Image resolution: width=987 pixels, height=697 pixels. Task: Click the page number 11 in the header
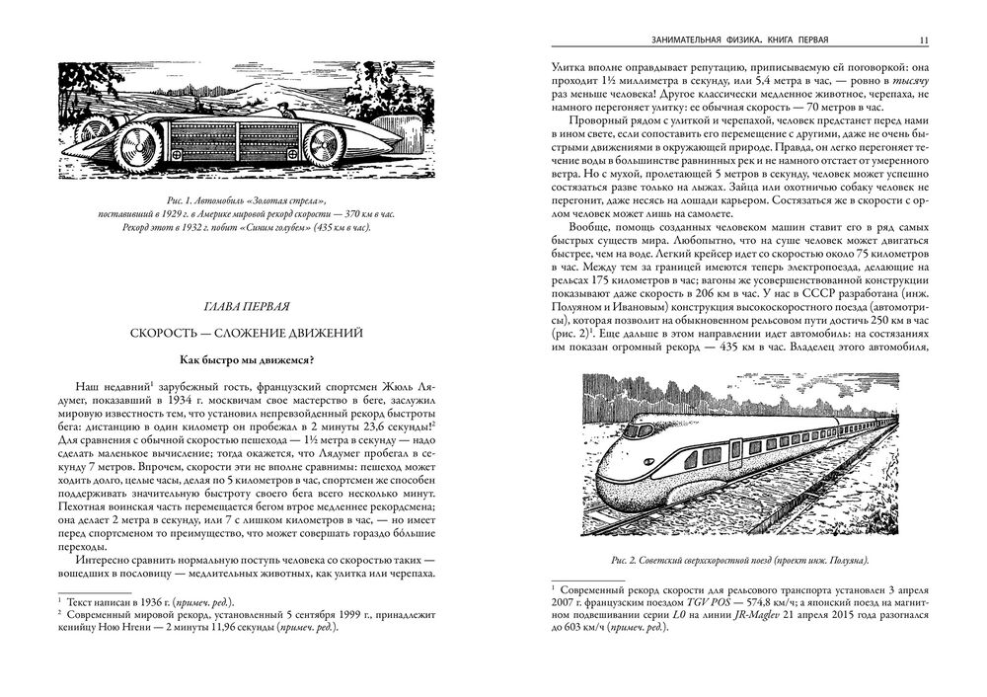[921, 40]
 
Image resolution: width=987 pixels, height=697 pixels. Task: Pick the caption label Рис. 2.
[625, 560]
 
